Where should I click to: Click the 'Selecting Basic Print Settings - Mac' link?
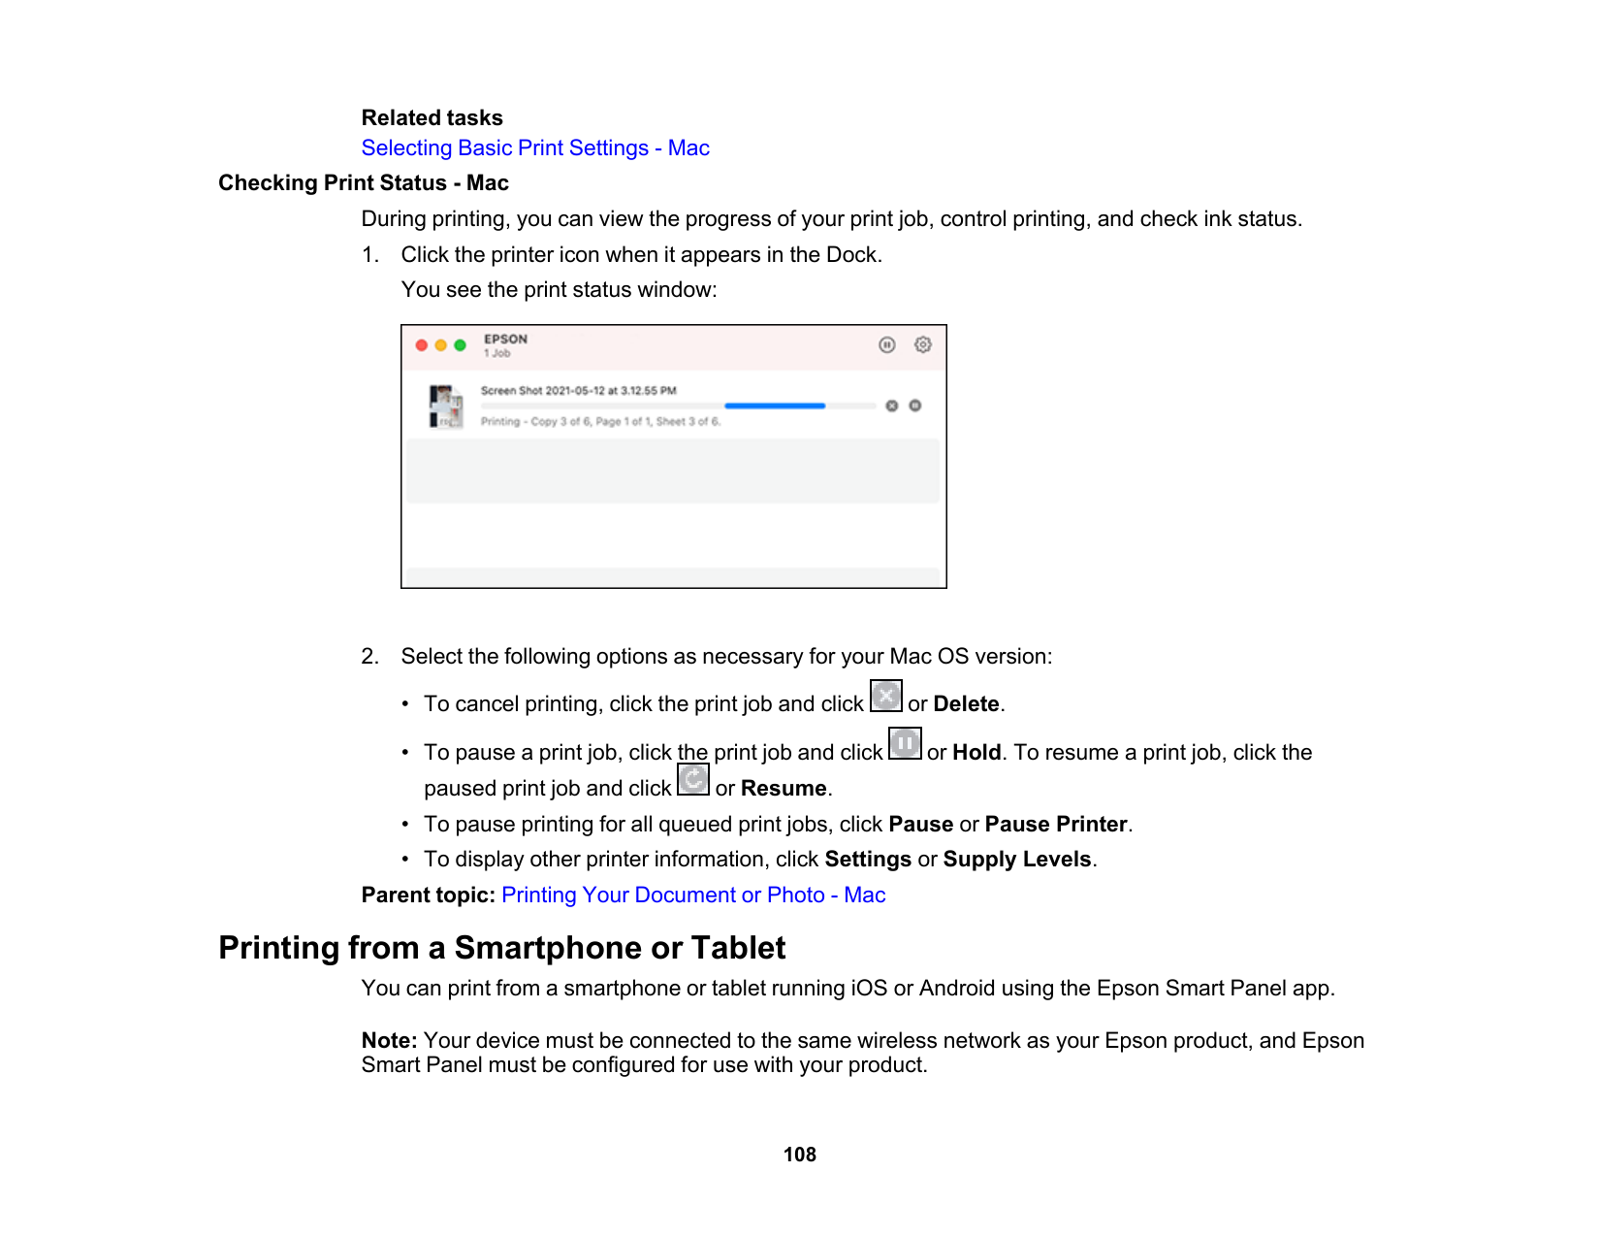(535, 148)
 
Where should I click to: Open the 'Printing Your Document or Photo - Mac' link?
(693, 895)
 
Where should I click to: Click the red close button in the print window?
(422, 345)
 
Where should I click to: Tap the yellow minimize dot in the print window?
(441, 345)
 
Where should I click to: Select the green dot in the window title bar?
(461, 345)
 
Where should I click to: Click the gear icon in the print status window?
(923, 345)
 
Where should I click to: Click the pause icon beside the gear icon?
(887, 345)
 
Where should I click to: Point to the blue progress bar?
(775, 406)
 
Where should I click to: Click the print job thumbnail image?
(446, 407)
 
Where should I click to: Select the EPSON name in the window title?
(506, 340)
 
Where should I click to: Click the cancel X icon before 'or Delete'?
(886, 696)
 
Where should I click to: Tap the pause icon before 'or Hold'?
(905, 744)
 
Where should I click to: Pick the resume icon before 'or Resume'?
(693, 780)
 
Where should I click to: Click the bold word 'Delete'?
(966, 704)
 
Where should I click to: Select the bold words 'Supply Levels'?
(1017, 860)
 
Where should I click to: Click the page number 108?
(800, 1155)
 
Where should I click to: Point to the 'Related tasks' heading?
(432, 118)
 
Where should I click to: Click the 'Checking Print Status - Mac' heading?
(364, 183)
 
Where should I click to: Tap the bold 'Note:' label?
(389, 1041)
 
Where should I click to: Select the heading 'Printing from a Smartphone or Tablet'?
(502, 948)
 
